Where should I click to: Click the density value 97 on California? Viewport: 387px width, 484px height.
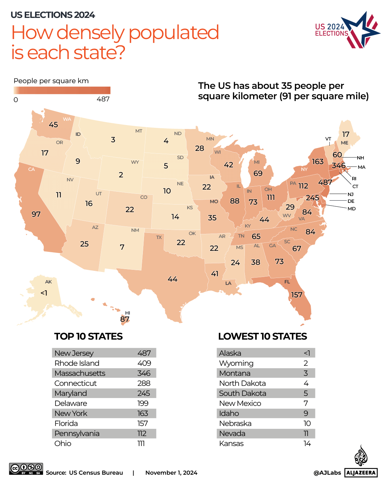point(36,214)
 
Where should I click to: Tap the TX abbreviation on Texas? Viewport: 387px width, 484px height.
point(159,238)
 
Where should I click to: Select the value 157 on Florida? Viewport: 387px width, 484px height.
point(296,295)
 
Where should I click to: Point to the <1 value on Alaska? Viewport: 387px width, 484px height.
point(44,293)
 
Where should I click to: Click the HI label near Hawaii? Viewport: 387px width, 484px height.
point(127,313)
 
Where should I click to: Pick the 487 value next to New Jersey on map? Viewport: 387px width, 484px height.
point(325,182)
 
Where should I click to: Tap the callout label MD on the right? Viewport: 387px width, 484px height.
point(352,209)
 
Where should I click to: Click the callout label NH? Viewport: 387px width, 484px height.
point(360,158)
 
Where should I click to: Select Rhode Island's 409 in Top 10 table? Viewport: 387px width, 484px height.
point(144,363)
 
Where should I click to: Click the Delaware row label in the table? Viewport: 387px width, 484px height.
point(71,403)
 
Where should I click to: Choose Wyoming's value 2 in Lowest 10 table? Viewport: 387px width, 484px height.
point(306,363)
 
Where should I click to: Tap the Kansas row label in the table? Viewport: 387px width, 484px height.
point(231,444)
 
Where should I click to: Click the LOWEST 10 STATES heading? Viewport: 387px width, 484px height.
point(262,336)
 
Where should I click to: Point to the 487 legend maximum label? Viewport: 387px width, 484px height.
point(103,99)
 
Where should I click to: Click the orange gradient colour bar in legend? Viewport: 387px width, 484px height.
point(62,90)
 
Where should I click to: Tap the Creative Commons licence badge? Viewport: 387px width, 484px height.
point(26,469)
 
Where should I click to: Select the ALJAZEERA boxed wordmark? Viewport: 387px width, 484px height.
point(361,473)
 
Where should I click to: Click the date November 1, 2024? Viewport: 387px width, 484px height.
point(171,473)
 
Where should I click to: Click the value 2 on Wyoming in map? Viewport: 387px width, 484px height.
point(121,175)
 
